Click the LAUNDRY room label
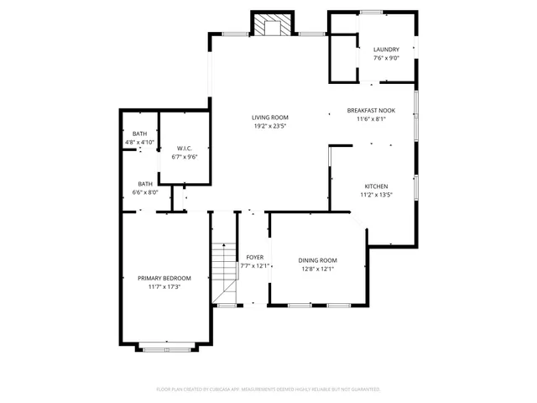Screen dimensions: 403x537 point(386,50)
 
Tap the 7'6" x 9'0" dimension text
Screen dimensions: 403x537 point(386,59)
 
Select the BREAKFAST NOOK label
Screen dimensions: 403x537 point(371,111)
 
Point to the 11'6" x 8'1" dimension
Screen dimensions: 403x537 point(371,119)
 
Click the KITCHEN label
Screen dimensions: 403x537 point(375,186)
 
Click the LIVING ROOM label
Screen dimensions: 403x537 point(270,118)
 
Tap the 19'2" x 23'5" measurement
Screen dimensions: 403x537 point(270,126)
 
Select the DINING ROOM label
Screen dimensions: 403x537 point(317,259)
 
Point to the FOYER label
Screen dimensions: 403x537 point(253,257)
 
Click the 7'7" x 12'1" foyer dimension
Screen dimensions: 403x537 point(253,266)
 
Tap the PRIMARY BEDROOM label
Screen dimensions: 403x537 point(164,278)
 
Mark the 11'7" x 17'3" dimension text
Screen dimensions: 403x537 point(164,287)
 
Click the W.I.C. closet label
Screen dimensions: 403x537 point(185,149)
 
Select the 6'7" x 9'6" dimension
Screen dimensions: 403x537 point(185,157)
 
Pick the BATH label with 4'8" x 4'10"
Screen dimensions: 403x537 point(139,133)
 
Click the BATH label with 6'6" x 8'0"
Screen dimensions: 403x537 point(145,184)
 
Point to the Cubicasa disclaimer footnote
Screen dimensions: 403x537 point(268,390)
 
